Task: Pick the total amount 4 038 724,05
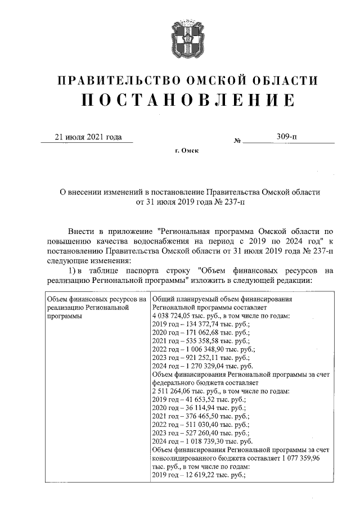point(172,317)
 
